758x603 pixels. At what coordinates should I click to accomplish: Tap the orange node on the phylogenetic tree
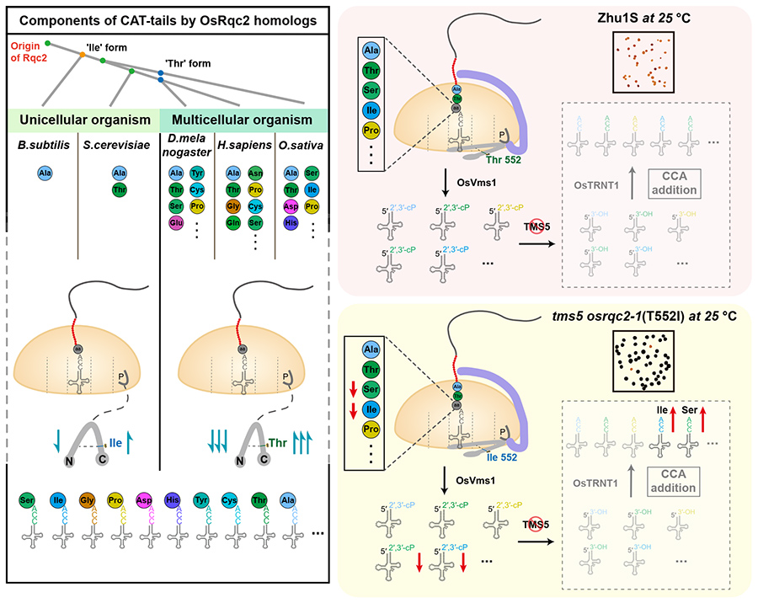click(82, 54)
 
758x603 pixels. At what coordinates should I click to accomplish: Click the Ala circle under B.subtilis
click(45, 173)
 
